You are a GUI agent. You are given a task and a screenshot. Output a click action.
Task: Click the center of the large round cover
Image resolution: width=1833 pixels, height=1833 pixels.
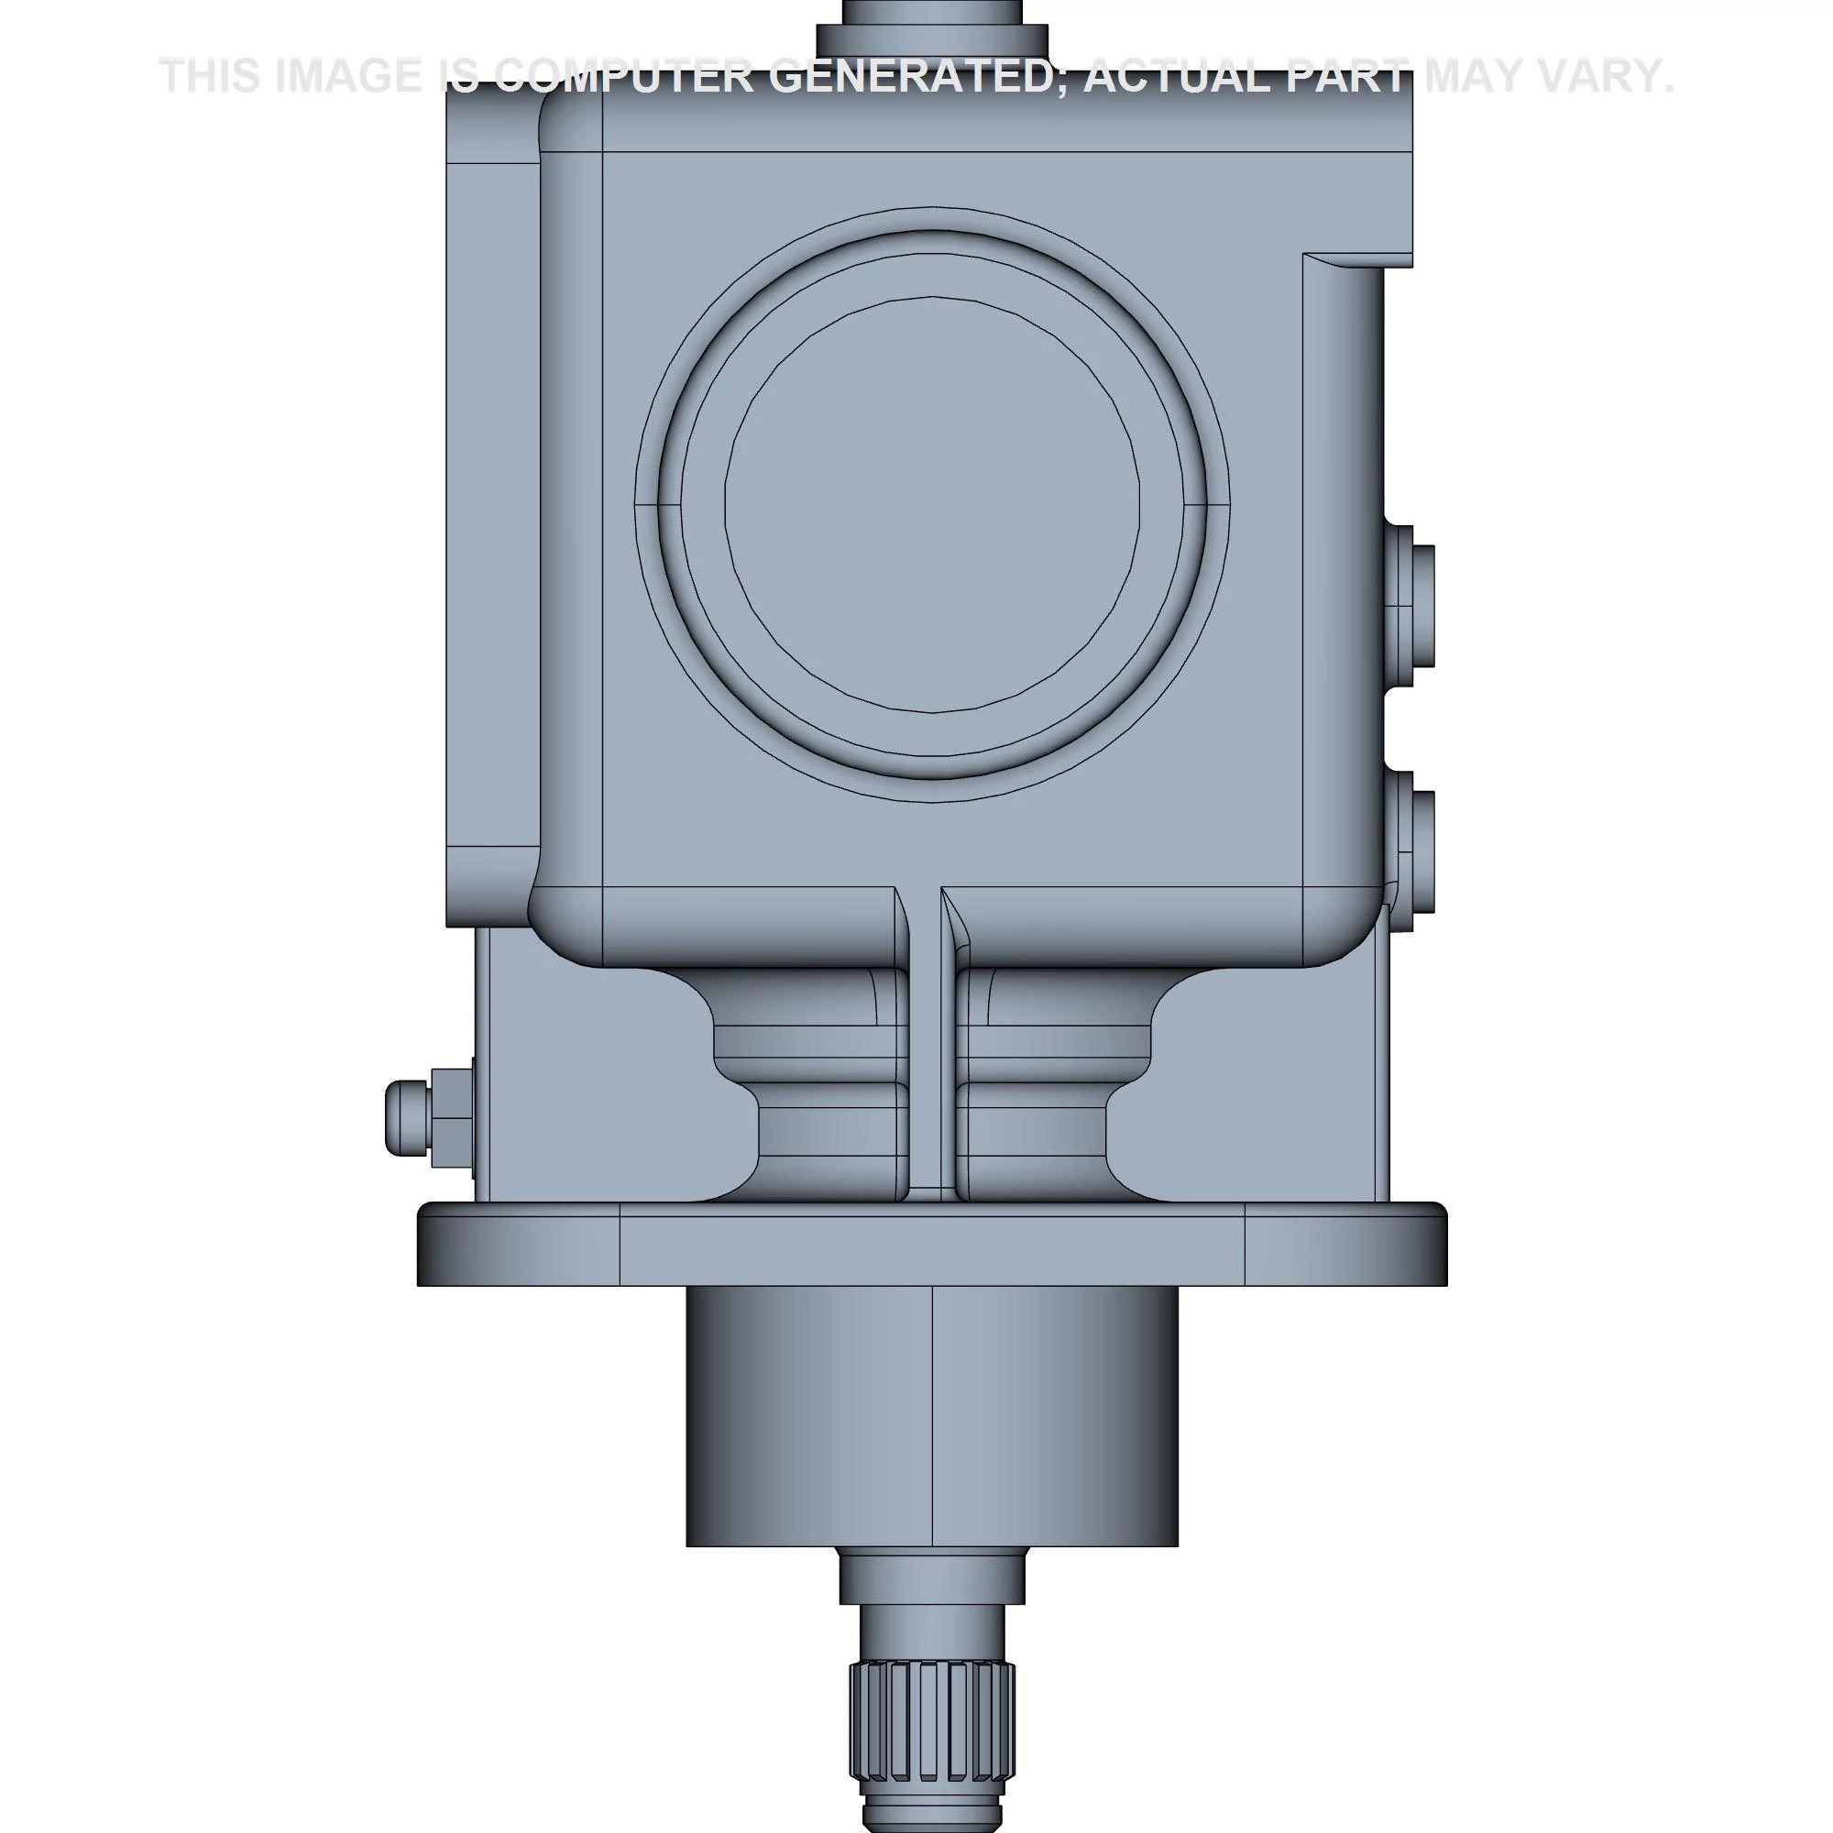coord(933,504)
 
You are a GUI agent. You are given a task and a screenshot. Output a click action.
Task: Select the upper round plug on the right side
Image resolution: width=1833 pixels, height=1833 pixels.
coord(1410,604)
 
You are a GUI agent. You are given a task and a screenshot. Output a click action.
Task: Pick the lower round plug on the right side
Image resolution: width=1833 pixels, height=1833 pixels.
coord(1410,851)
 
